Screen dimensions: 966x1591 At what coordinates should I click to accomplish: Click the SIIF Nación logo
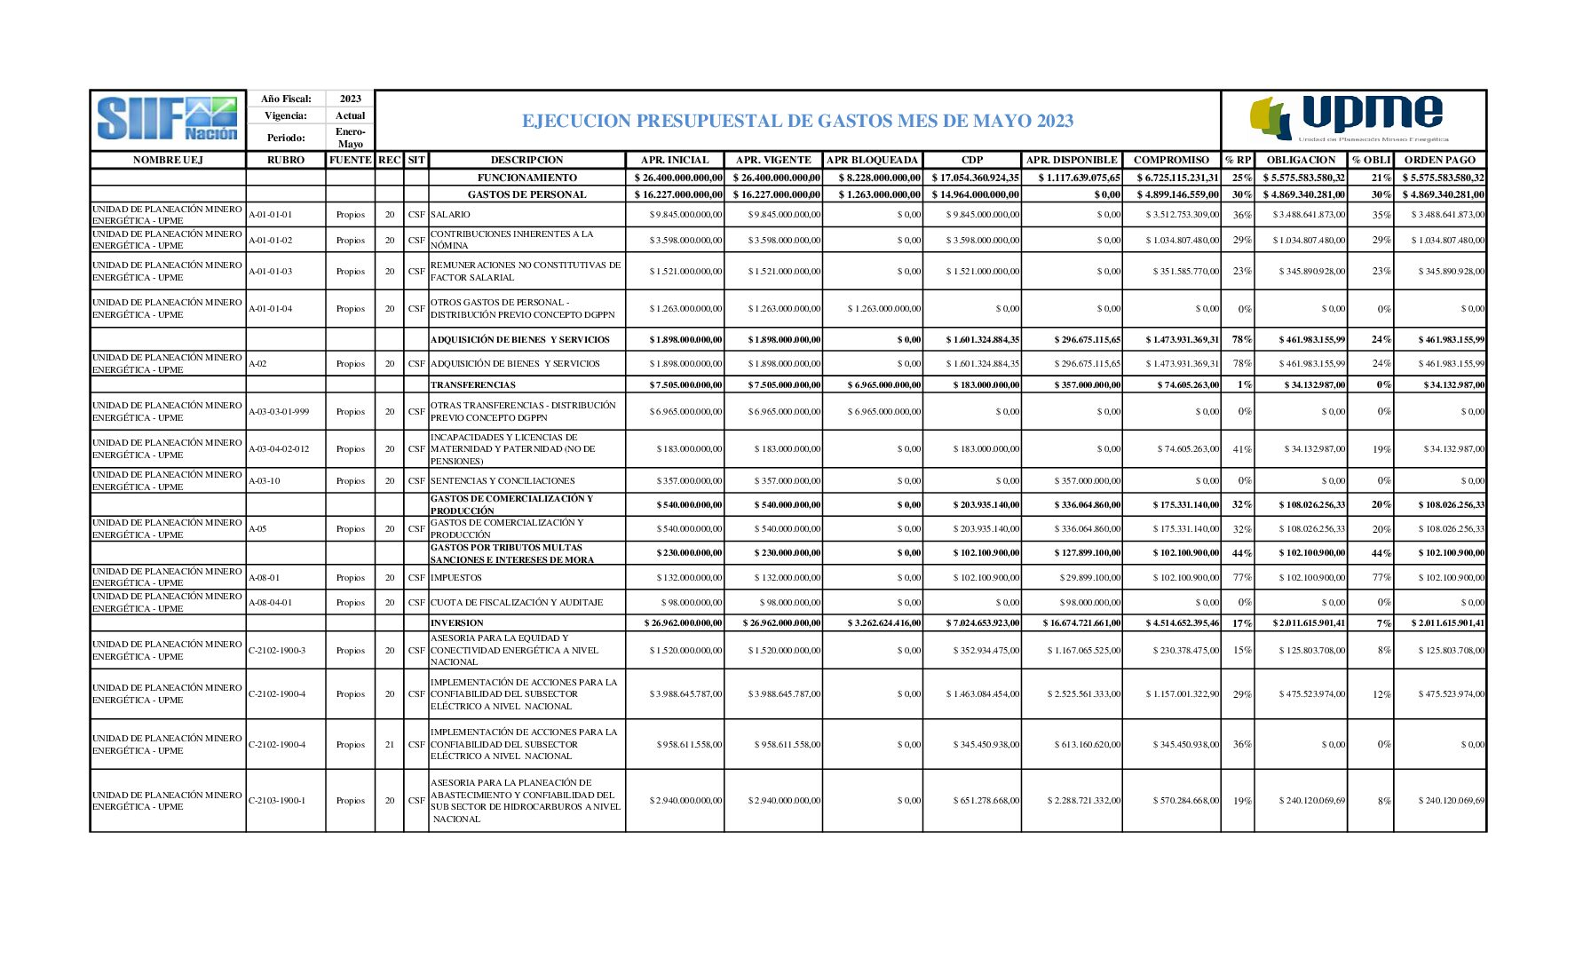(x=168, y=120)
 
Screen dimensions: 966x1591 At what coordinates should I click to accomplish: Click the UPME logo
(x=1351, y=120)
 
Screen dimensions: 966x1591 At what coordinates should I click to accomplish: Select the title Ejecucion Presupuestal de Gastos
(x=797, y=121)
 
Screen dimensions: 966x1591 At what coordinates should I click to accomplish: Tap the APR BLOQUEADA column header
(x=872, y=160)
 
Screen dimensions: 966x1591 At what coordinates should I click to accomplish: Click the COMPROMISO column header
(x=1171, y=160)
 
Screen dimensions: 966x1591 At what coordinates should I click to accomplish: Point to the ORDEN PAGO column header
(x=1439, y=160)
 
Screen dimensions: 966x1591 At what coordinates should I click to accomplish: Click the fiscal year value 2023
(x=350, y=99)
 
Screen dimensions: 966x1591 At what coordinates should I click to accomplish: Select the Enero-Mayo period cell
(x=350, y=138)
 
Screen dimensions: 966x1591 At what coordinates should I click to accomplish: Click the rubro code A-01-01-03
(x=271, y=272)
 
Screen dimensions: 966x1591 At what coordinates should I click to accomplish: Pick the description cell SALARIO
(x=451, y=215)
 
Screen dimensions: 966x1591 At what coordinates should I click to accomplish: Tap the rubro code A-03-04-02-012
(x=280, y=449)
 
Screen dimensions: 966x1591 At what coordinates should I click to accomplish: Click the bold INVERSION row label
(x=457, y=623)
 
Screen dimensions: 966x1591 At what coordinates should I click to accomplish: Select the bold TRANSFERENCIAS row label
(x=472, y=385)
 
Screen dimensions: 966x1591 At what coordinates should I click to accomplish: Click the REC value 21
(x=389, y=745)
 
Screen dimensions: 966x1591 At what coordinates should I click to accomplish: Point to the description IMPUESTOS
(x=455, y=578)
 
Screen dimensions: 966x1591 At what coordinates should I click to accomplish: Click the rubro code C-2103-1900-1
(x=277, y=801)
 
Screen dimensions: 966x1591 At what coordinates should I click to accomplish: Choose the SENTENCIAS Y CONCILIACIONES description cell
(x=503, y=481)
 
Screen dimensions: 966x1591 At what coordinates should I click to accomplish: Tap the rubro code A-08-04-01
(x=271, y=603)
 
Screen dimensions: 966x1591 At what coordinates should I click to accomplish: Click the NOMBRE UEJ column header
(x=168, y=160)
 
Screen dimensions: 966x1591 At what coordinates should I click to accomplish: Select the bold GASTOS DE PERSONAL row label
(x=526, y=194)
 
